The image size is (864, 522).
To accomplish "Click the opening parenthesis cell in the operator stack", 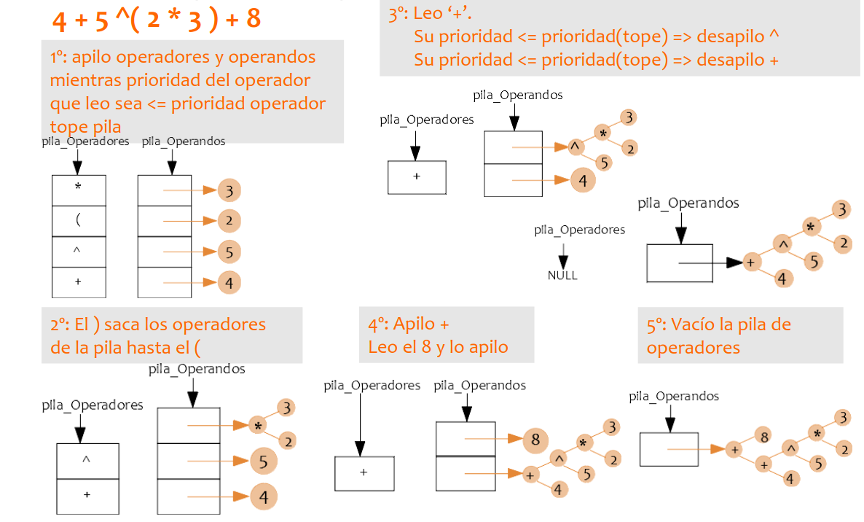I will (x=79, y=221).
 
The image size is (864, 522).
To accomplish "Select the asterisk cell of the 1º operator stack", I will (x=79, y=187).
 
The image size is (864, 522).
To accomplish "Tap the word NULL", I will (x=562, y=276).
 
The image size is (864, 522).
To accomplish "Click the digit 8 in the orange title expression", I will (x=253, y=19).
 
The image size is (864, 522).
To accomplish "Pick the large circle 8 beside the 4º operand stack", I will (x=535, y=440).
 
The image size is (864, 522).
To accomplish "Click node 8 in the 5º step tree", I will (x=764, y=437).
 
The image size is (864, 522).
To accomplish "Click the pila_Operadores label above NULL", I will (x=579, y=230).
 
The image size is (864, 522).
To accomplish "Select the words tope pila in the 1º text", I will (x=85, y=126).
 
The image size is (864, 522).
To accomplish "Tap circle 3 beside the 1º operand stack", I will (x=229, y=191).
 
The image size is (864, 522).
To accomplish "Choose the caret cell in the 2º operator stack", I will (x=87, y=460).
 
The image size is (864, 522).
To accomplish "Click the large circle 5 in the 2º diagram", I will (x=263, y=461).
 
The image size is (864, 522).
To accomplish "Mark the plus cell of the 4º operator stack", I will (x=364, y=472).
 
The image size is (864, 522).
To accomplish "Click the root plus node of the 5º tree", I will (x=734, y=450).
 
